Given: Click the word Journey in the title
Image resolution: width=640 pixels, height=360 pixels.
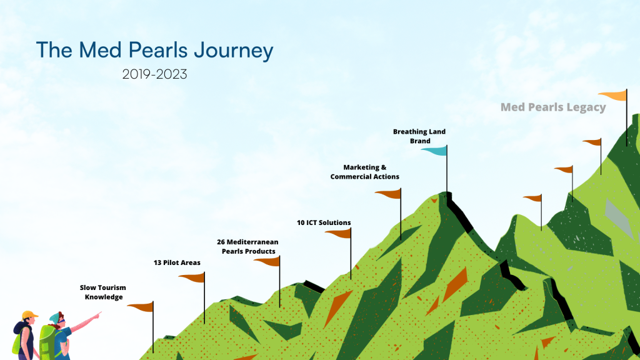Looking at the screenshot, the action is coord(234,51).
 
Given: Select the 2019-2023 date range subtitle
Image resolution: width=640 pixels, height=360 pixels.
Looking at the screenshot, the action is coord(155,74).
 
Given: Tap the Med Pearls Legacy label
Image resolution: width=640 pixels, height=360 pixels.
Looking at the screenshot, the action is coord(553,107).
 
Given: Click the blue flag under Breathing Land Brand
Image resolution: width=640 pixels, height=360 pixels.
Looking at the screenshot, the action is coord(434,151).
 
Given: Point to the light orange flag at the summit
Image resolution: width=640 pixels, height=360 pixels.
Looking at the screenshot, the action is coord(613,96).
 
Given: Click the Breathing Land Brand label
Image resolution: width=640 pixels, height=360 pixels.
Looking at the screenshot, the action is coord(419,136).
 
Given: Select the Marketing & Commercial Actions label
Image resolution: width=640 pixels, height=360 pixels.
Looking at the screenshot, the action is coord(365,172).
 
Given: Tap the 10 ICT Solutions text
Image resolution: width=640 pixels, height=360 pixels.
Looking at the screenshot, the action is coord(324,222).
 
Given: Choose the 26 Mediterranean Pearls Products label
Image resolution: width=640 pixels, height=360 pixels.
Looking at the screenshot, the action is coord(247,246).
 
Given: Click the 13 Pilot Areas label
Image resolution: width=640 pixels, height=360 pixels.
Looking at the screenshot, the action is coord(177,262).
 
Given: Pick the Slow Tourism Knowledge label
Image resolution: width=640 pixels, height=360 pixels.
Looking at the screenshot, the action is coord(103,292).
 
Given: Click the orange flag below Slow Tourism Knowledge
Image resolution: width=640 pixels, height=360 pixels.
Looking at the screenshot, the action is coord(141,307).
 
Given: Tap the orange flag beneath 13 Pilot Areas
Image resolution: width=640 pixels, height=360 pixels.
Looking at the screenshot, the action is coord(192,277).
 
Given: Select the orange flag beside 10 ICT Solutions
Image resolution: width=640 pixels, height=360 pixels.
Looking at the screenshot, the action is coord(338,234).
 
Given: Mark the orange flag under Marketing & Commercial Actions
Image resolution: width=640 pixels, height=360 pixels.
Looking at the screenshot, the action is coord(389,194).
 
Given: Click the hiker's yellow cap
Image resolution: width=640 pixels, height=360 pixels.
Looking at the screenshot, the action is coord(29,315).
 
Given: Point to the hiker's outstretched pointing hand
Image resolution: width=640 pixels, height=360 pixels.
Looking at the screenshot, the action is coord(97,315).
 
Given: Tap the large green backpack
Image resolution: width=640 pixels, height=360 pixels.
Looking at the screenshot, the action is coord(47,342).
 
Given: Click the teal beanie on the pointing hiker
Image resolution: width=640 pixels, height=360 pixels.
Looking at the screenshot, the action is coord(54,317).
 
